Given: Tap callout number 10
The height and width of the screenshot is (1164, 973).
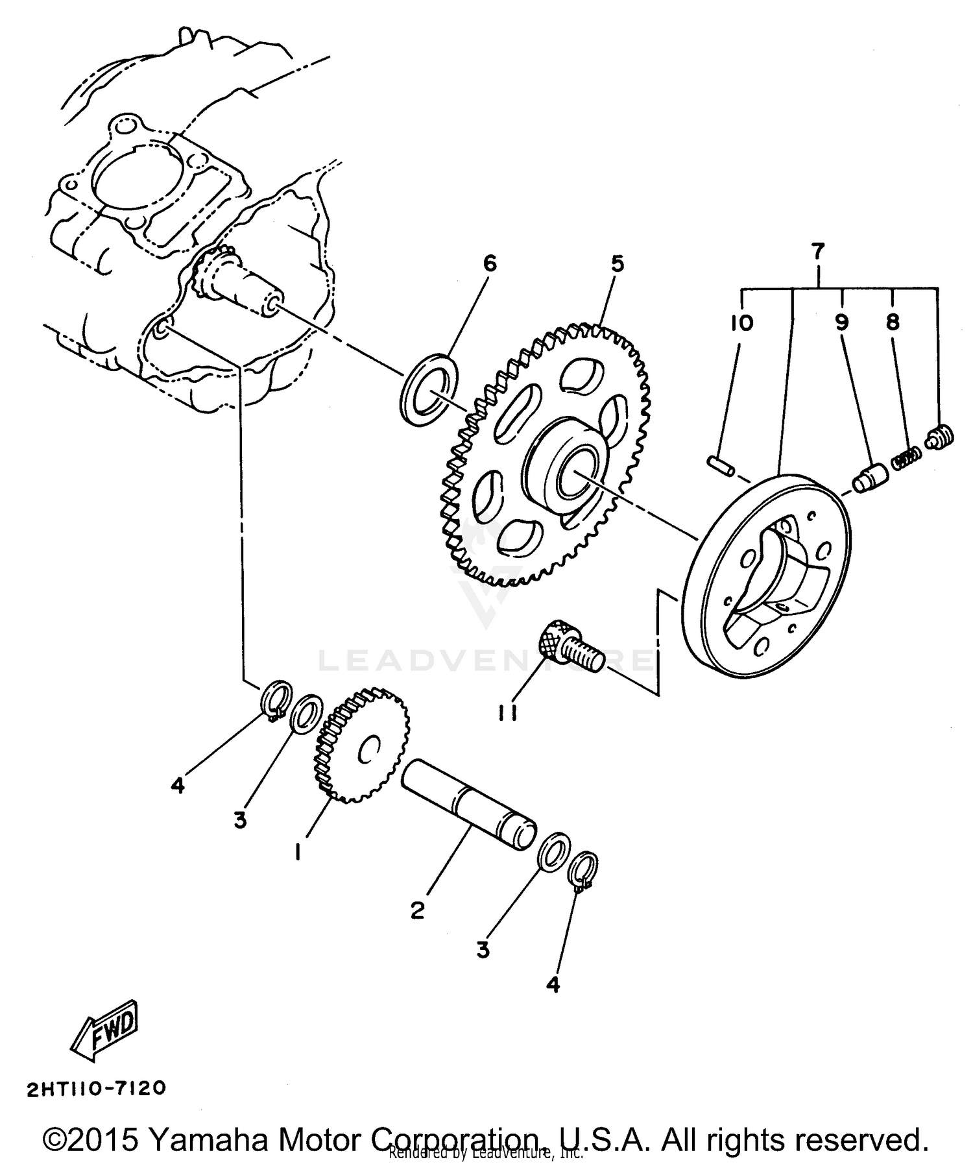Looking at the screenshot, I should pyautogui.click(x=742, y=322).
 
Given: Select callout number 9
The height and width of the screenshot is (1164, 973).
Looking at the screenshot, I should pyautogui.click(x=841, y=322).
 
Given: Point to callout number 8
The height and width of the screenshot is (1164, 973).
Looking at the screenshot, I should pyautogui.click(x=893, y=322).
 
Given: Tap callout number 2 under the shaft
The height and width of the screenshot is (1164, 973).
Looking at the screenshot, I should pyautogui.click(x=417, y=910).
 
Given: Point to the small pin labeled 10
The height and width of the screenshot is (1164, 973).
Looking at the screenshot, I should pyautogui.click(x=720, y=465).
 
